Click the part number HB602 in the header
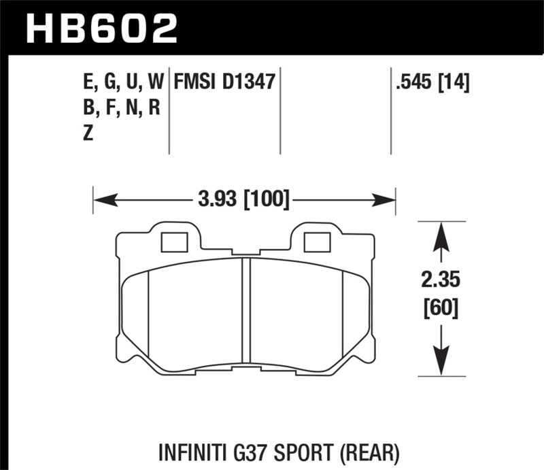102,29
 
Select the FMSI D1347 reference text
224,83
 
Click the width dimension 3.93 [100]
243,200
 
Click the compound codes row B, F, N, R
119,109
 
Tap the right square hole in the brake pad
316,241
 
